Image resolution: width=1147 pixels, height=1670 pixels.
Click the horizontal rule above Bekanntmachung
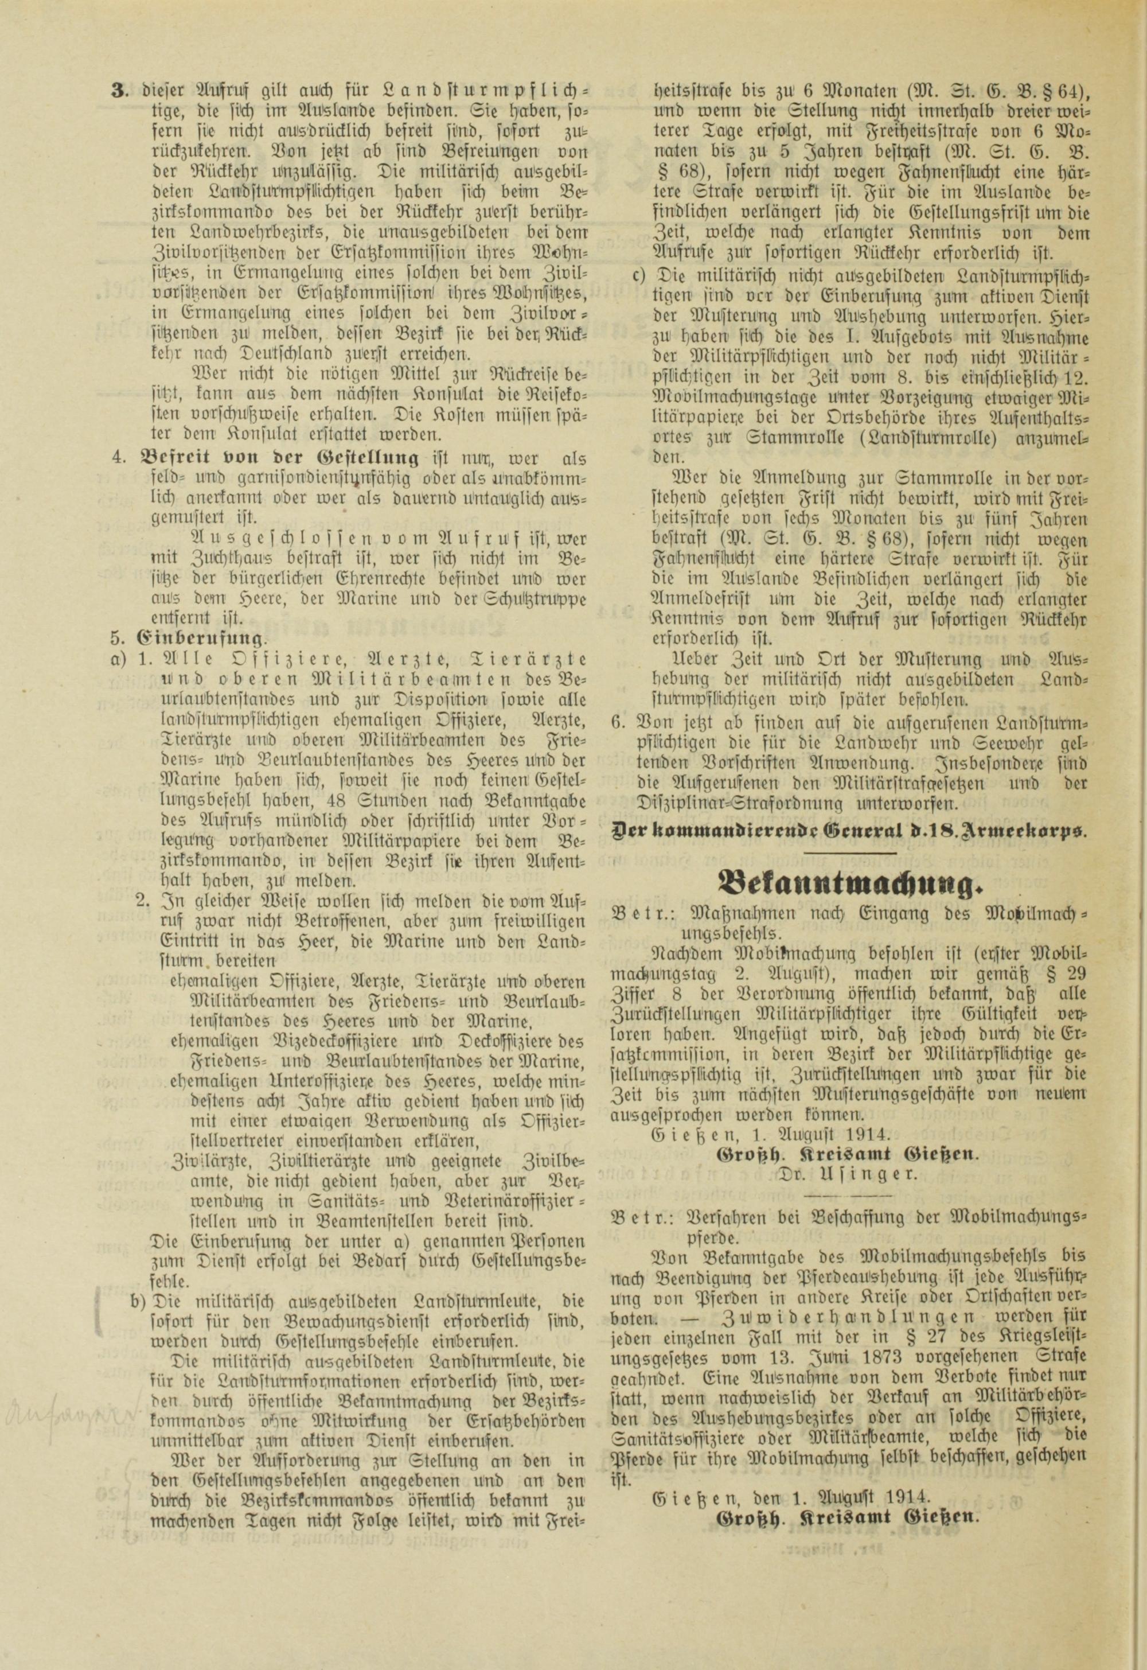pos(849,852)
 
